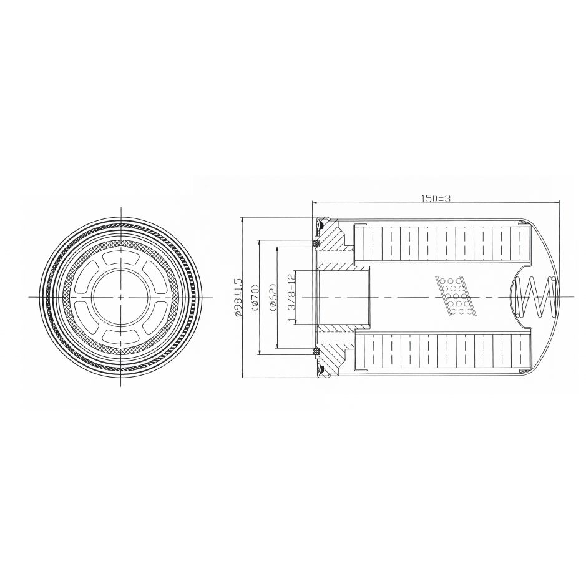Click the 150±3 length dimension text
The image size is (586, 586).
436,198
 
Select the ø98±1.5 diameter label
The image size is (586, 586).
238,298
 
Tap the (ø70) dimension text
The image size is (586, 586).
256,298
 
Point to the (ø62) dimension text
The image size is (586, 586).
273,298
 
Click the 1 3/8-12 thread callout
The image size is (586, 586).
291,298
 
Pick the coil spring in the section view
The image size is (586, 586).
535,298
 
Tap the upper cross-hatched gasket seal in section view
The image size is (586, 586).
316,243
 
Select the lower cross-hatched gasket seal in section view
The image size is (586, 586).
316,352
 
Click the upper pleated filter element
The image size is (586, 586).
442,243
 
